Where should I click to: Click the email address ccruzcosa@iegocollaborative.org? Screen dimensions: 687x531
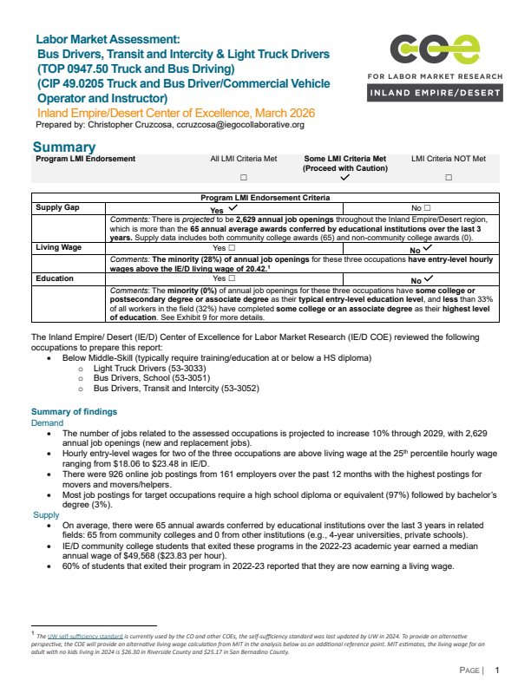(235, 125)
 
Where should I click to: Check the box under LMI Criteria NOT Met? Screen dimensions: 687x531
(449, 177)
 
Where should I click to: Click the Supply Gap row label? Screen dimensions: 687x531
(58, 208)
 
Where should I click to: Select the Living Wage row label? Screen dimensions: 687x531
(60, 247)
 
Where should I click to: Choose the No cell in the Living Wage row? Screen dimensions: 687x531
(421, 248)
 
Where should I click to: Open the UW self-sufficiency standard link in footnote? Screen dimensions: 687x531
(83, 637)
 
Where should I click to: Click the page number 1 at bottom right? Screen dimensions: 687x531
(497, 671)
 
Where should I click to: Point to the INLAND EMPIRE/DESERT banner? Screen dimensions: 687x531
(434, 92)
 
